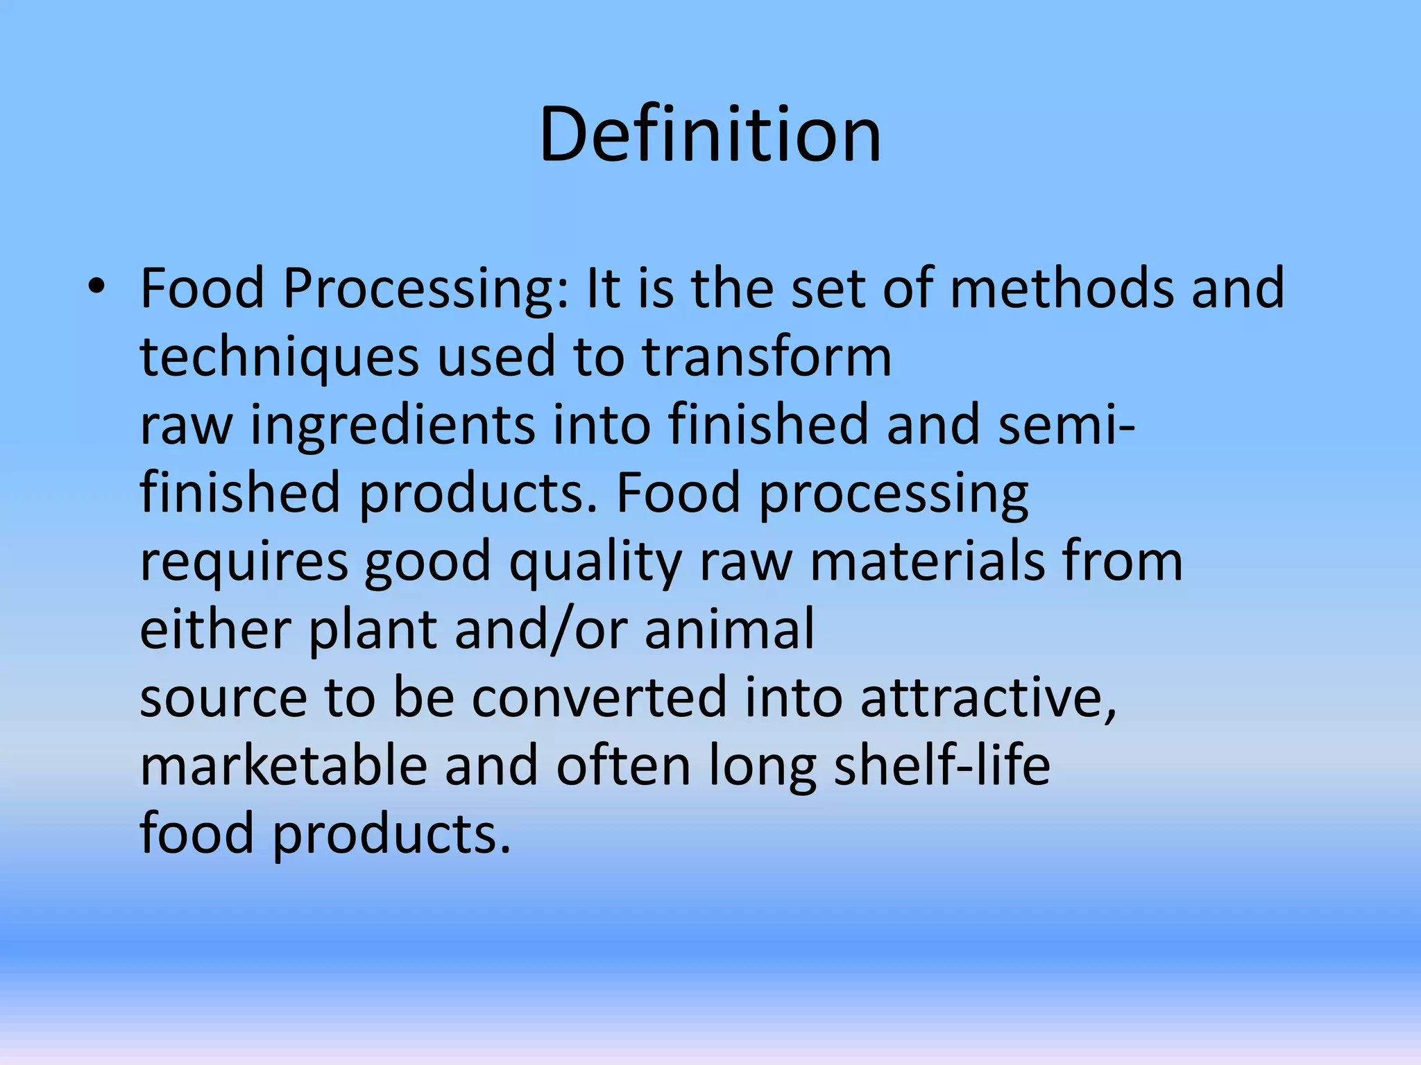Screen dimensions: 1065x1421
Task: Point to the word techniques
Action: (280, 356)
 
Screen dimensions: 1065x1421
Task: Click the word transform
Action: (767, 356)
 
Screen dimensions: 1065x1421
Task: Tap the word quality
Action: (596, 562)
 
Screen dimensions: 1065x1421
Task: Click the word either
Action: (214, 630)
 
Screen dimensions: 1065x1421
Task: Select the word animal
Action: (729, 630)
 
